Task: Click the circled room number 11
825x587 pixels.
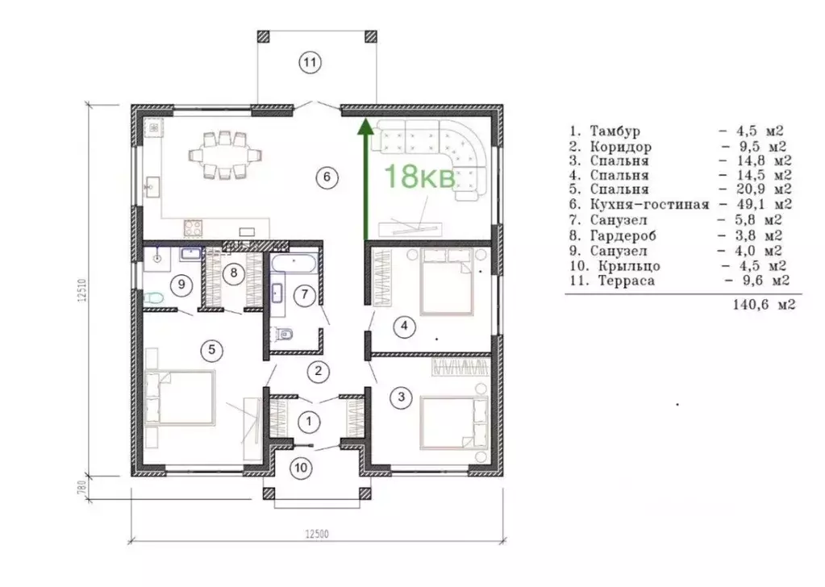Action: pyautogui.click(x=310, y=63)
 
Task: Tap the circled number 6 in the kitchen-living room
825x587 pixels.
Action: pyautogui.click(x=327, y=177)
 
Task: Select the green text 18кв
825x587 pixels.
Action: pyautogui.click(x=420, y=177)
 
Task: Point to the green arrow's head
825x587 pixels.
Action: pyautogui.click(x=365, y=127)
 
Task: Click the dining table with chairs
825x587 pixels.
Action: pyautogui.click(x=225, y=154)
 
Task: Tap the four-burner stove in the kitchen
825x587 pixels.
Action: pyautogui.click(x=193, y=228)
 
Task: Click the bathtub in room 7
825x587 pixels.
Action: pyautogui.click(x=294, y=263)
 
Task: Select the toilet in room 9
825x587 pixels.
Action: pyautogui.click(x=153, y=299)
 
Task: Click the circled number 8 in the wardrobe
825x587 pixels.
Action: pyautogui.click(x=234, y=273)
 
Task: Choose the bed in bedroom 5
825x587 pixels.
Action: pyautogui.click(x=180, y=398)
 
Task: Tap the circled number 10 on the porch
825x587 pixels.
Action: pyautogui.click(x=302, y=468)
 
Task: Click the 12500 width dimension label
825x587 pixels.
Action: pyautogui.click(x=317, y=535)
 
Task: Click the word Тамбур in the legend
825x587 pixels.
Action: pyautogui.click(x=615, y=131)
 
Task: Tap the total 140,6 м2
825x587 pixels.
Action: pyautogui.click(x=764, y=304)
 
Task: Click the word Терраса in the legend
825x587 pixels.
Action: pyautogui.click(x=626, y=281)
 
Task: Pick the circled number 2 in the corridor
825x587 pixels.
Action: pyautogui.click(x=319, y=371)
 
